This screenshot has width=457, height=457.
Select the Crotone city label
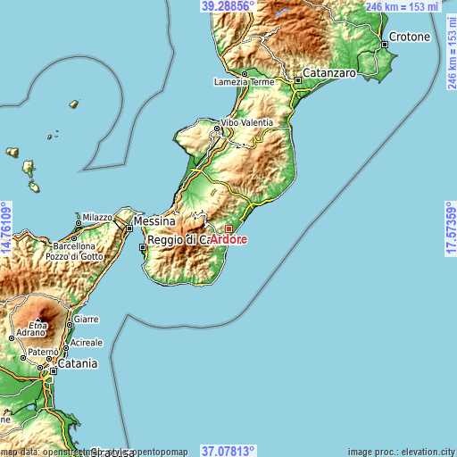pyautogui.click(x=409, y=37)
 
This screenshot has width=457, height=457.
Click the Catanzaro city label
pyautogui.click(x=329, y=71)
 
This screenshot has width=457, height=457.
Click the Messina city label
pyautogui.click(x=155, y=220)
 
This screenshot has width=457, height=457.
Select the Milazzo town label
pyautogui.click(x=97, y=217)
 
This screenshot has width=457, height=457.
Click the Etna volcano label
pyautogui.click(x=37, y=324)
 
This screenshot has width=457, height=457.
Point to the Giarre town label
pyautogui.click(x=86, y=319)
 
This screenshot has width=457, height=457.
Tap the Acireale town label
pyautogui.click(x=87, y=343)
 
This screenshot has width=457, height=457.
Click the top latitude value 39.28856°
pyautogui.click(x=228, y=6)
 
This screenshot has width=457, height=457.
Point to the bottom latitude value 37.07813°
pyautogui.click(x=228, y=451)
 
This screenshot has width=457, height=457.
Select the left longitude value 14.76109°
pyautogui.click(x=6, y=229)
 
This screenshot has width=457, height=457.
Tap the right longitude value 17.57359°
pyautogui.click(x=450, y=229)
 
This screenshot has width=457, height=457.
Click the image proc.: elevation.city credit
pyautogui.click(x=401, y=452)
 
